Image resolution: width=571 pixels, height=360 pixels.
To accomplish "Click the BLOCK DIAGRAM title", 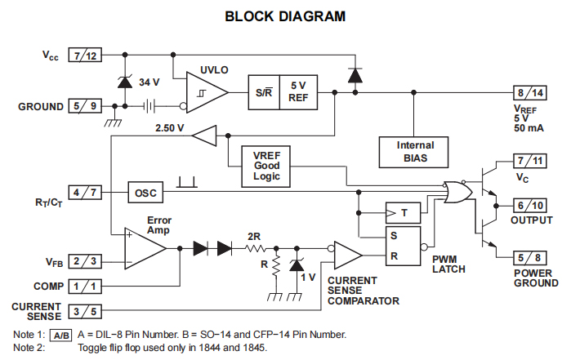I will coord(285,16).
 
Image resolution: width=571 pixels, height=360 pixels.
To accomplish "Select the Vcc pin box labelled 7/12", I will coord(84,56).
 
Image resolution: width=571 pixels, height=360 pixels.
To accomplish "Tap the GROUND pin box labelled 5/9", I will coord(84,105).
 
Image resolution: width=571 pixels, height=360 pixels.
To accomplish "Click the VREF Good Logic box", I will coord(266,166).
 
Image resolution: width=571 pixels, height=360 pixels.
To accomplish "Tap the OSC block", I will coord(145,193).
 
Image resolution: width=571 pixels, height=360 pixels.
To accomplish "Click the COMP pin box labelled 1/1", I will coord(86,287).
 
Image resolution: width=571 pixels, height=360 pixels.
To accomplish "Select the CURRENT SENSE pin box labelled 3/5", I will coord(86,311).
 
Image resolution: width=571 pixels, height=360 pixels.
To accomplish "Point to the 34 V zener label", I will coord(149,82).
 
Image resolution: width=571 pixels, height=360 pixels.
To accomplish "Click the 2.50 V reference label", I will coord(169,129).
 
